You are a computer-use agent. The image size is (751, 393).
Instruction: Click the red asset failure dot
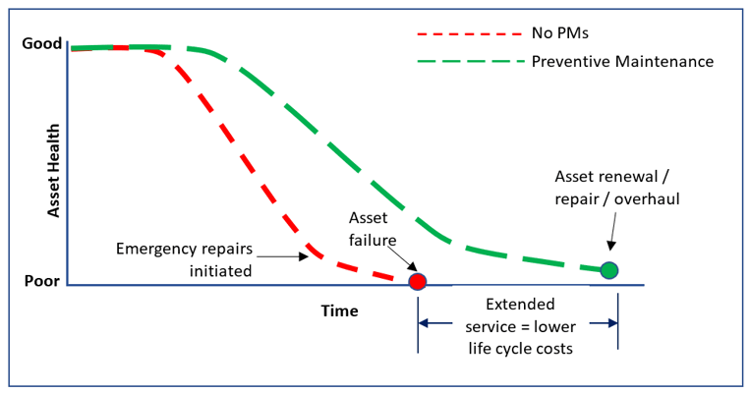418,282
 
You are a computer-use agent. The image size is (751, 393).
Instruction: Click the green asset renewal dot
609,270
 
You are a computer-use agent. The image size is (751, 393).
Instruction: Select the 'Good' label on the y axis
42,44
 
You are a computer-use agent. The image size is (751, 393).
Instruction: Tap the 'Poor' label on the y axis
42,281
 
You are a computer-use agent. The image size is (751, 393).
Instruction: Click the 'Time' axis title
339,310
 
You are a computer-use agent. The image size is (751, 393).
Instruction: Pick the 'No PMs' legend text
560,32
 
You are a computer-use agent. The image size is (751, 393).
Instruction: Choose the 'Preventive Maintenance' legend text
622,61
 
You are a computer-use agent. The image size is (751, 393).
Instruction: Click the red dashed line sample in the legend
466,33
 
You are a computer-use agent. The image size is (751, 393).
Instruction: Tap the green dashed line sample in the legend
466,61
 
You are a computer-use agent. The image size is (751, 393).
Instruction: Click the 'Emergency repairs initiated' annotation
185,258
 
